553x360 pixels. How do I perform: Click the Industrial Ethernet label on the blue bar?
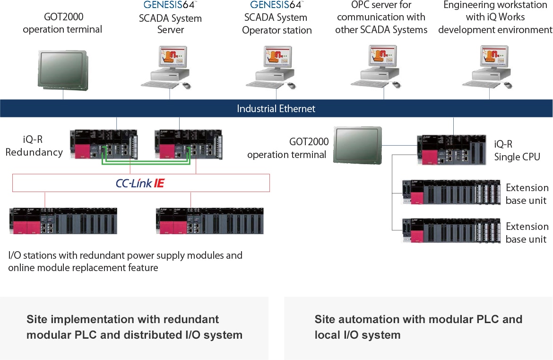(x=276, y=109)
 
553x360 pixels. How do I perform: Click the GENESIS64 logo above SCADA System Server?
(x=170, y=5)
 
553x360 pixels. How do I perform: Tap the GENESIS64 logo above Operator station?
(x=276, y=5)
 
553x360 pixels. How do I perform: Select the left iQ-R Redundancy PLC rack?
(x=104, y=144)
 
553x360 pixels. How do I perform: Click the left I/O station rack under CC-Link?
(x=63, y=220)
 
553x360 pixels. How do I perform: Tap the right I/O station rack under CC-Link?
(x=209, y=220)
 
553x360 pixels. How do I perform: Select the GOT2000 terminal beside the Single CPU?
(x=357, y=145)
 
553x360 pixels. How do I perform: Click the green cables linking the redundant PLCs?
(x=146, y=164)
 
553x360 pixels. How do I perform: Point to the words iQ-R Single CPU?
(x=517, y=151)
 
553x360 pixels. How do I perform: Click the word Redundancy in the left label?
(x=34, y=152)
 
